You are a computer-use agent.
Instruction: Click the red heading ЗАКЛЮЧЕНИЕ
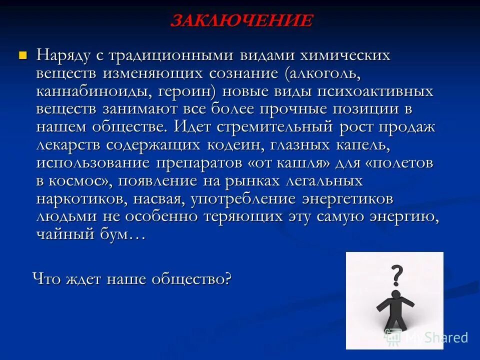point(241,21)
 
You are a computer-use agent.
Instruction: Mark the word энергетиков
point(347,199)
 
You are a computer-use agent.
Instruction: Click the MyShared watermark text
point(436,337)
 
